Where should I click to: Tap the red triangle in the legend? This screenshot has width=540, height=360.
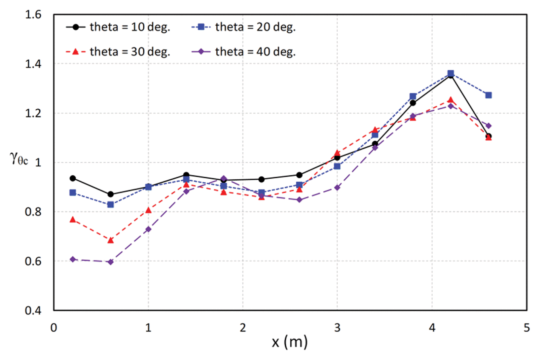point(76,52)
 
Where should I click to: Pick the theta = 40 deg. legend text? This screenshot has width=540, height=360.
point(255,52)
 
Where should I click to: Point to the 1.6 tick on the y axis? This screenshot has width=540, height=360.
point(33,15)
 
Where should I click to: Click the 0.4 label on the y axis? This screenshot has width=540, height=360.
point(33,310)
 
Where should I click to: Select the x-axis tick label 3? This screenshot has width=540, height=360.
point(337,328)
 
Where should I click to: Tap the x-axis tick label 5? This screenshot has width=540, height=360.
point(526,328)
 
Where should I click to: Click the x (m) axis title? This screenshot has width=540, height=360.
point(290,342)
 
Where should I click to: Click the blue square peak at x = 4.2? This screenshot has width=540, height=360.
point(450,73)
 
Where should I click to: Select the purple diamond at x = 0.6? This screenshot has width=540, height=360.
point(111,262)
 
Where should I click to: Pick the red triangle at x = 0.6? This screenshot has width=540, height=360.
point(111,240)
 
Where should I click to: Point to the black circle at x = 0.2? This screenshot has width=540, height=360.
point(73,178)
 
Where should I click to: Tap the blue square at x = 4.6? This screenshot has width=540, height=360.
point(488,95)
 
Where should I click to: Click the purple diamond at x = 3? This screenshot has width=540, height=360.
point(337,188)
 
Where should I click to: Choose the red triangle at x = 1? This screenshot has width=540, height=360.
point(148,210)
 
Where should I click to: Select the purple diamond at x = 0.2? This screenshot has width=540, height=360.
point(73,259)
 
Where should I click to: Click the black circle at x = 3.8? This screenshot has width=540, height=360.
point(413,103)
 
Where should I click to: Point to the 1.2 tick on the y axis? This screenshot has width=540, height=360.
point(33,113)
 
